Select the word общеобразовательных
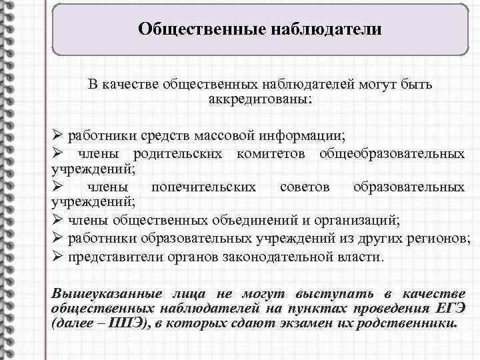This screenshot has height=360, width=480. [x=392, y=153]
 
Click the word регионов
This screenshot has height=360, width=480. [x=442, y=238]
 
